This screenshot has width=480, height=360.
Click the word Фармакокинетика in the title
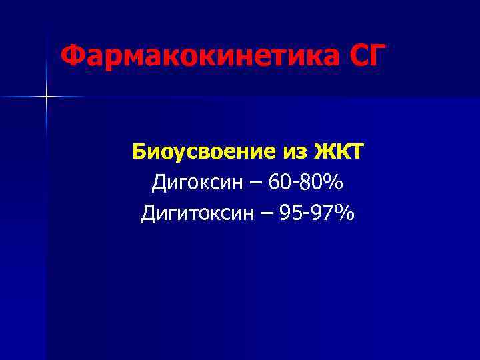199,57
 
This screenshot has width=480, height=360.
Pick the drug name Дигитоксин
194,213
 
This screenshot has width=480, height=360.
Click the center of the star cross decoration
47,97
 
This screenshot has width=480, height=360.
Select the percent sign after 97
344,213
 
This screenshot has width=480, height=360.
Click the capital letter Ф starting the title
70,57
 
